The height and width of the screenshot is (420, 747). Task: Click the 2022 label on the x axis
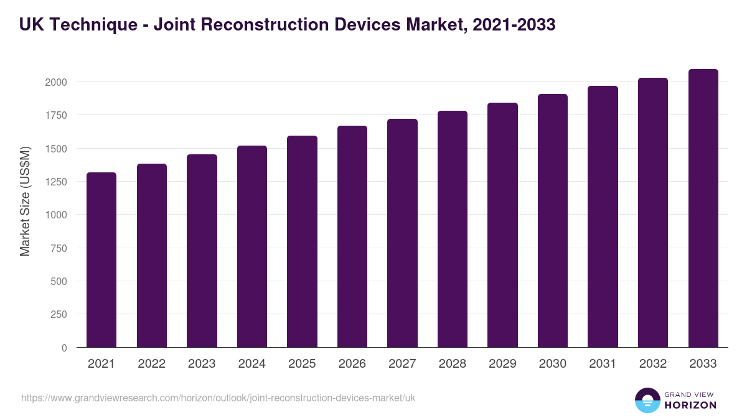click(151, 364)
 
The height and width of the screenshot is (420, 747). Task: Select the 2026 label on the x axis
click(352, 364)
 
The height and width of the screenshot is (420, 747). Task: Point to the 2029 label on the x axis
click(502, 364)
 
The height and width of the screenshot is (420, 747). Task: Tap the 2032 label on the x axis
click(653, 364)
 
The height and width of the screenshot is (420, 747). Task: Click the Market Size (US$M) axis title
click(25, 202)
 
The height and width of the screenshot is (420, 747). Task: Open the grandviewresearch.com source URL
click(218, 398)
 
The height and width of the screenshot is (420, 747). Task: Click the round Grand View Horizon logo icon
click(647, 400)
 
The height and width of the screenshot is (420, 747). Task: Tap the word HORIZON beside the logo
click(690, 405)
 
